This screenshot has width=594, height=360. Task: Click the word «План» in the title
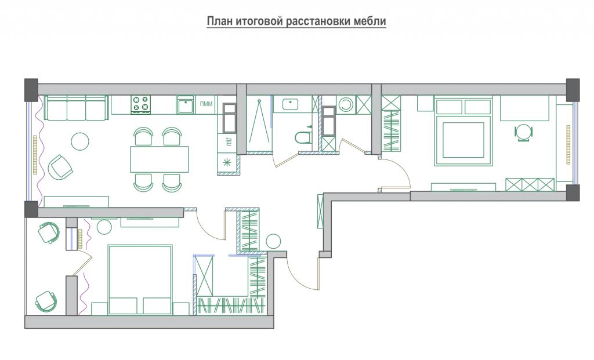point(220,21)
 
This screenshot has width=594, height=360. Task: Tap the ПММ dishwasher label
point(206,104)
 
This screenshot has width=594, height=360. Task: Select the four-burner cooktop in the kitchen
point(140,104)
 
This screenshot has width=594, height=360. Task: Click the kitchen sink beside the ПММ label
point(185,104)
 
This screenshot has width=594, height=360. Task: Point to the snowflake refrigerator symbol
point(227,163)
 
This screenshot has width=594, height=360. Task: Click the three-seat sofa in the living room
point(76,107)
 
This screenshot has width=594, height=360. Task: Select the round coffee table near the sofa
point(80,141)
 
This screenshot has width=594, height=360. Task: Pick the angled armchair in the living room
point(60,167)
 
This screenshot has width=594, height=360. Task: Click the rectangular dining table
point(160,159)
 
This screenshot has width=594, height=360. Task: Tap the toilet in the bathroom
point(303,137)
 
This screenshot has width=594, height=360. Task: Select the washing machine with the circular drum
point(346,104)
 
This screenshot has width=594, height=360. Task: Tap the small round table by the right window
point(524,133)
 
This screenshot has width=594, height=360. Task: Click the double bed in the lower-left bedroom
point(140,279)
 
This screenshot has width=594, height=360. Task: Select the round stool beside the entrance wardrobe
point(273,241)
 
